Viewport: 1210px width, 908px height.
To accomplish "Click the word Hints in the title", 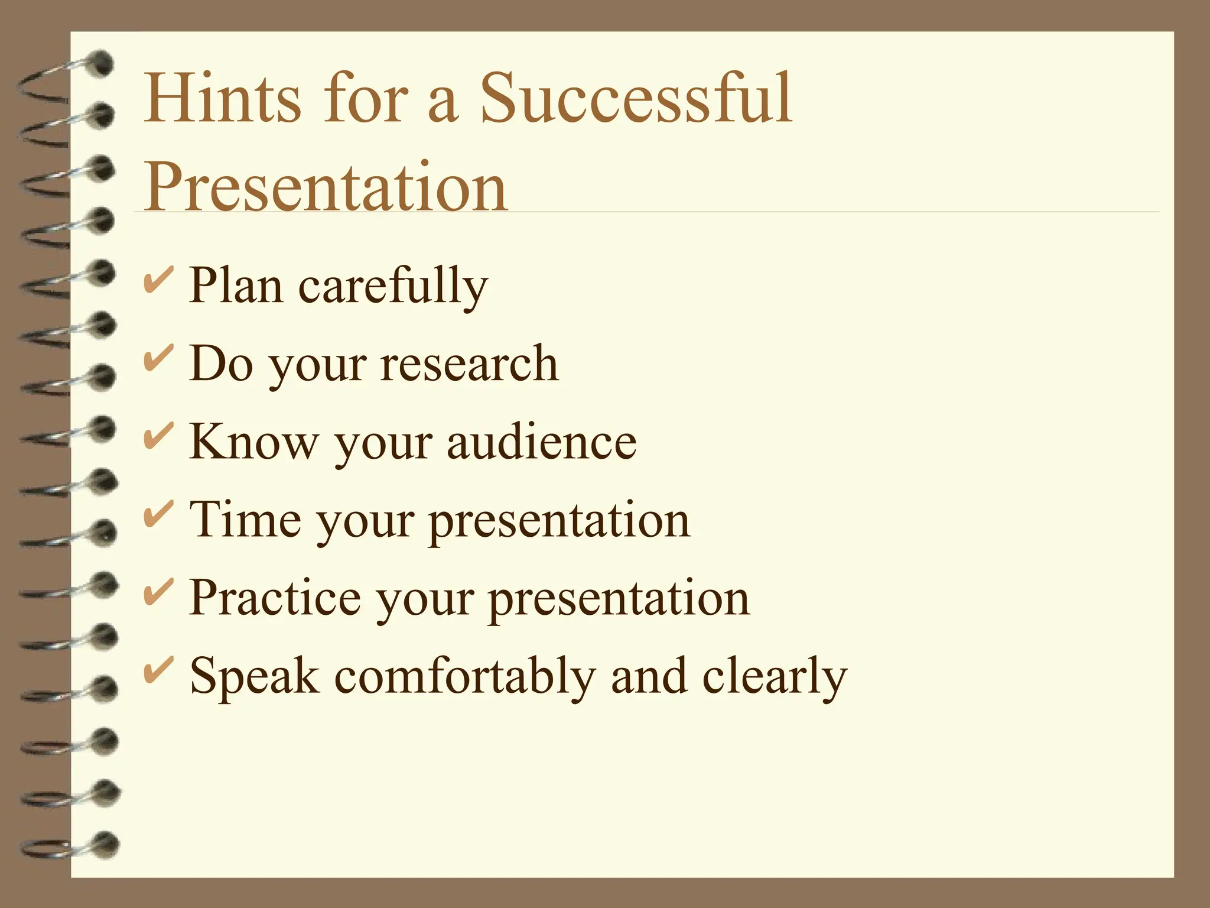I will (222, 98).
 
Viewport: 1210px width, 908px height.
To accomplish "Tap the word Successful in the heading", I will (636, 98).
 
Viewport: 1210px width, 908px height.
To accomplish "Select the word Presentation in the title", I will (326, 186).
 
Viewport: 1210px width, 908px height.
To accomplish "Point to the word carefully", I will (393, 287).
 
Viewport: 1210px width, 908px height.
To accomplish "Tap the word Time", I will (245, 519).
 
